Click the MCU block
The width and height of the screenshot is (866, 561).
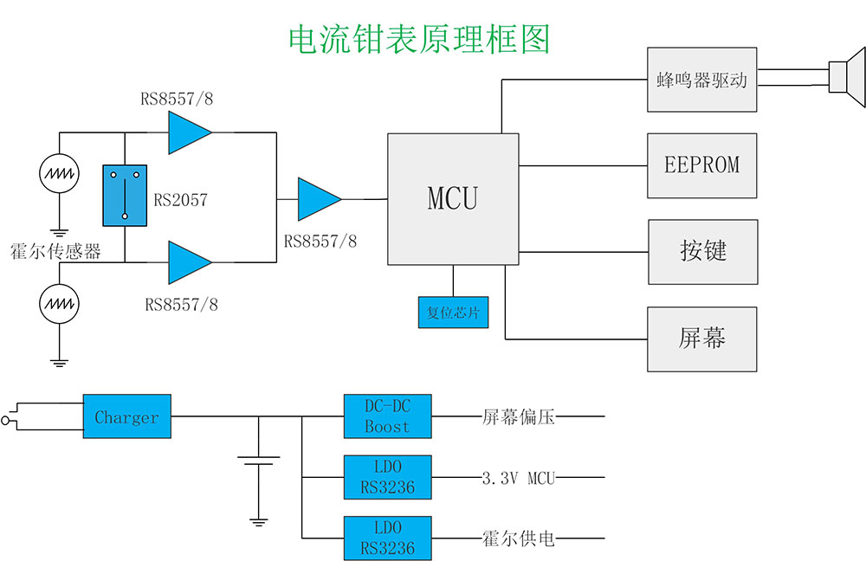pyautogui.click(x=453, y=199)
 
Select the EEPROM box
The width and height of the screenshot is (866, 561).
pyautogui.click(x=701, y=165)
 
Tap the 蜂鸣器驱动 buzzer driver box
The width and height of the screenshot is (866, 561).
pyautogui.click(x=701, y=80)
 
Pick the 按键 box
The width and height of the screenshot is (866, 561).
pyautogui.click(x=702, y=252)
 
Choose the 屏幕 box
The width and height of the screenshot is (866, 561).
pyautogui.click(x=701, y=339)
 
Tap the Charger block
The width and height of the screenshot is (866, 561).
pyautogui.click(x=126, y=417)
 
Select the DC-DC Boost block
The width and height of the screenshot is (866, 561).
pyautogui.click(x=387, y=416)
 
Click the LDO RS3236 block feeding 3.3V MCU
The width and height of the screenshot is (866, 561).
pyautogui.click(x=387, y=477)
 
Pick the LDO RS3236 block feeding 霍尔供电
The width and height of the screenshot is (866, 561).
pyautogui.click(x=387, y=538)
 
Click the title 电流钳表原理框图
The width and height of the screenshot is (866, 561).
pyautogui.click(x=418, y=39)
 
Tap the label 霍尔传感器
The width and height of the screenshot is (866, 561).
pyautogui.click(x=55, y=251)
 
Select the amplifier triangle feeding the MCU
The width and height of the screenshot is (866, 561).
pyautogui.click(x=318, y=199)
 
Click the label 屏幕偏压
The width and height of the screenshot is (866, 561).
pyautogui.click(x=518, y=417)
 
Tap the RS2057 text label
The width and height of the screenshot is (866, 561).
pyautogui.click(x=181, y=200)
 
